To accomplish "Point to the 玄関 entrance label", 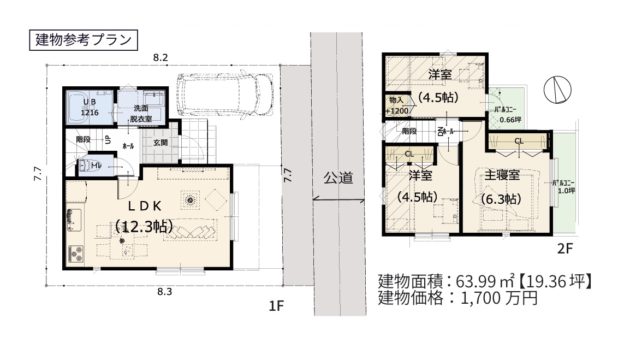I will point(160,143).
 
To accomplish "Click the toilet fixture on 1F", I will point(87,165).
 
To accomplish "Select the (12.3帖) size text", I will point(144,226).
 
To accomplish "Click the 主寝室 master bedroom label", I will point(502,176).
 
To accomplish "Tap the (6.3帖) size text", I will point(501,199).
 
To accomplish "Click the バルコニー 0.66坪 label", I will point(507,115).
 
